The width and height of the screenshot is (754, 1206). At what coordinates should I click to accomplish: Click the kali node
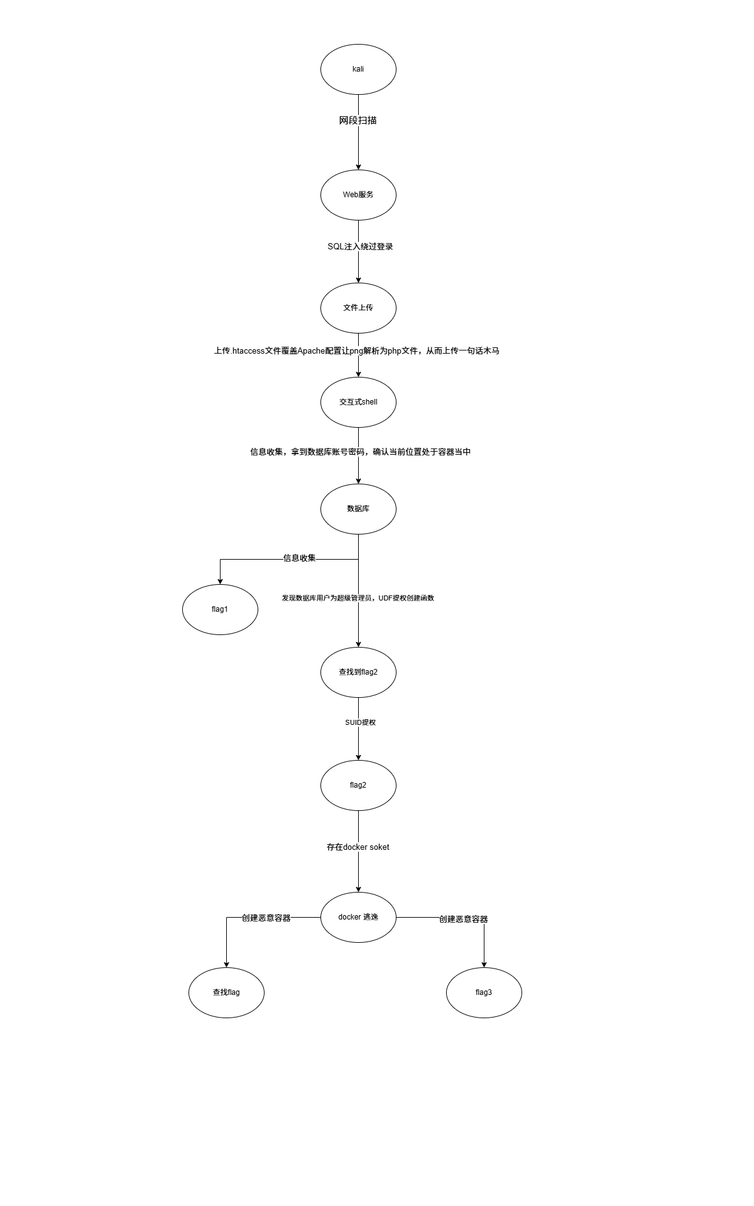pyautogui.click(x=358, y=69)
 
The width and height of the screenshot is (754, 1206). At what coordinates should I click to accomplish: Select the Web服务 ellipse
pyautogui.click(x=358, y=195)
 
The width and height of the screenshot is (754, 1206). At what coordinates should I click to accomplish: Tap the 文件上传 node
pyautogui.click(x=358, y=308)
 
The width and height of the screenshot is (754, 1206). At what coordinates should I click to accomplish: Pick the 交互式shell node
pyautogui.click(x=358, y=402)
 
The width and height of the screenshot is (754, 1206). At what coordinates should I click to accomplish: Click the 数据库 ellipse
pyautogui.click(x=358, y=509)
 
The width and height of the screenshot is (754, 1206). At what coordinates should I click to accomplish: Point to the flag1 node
pyautogui.click(x=220, y=609)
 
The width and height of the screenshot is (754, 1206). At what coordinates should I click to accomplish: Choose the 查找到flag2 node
pyautogui.click(x=358, y=672)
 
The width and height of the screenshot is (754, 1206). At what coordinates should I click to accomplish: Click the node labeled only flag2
pyautogui.click(x=358, y=785)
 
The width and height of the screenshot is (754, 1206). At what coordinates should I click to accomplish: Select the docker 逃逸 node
pyautogui.click(x=358, y=917)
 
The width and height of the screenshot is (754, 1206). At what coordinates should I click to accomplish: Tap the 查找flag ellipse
pyautogui.click(x=226, y=992)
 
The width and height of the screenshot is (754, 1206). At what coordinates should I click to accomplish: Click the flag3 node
pyautogui.click(x=484, y=992)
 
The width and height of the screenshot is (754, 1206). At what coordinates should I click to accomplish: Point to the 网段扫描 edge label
pyautogui.click(x=358, y=121)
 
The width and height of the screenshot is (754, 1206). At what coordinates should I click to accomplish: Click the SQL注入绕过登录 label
pyautogui.click(x=360, y=247)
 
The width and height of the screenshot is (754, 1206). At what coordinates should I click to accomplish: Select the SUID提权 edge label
pyautogui.click(x=360, y=722)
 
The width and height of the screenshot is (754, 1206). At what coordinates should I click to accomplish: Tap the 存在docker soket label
pyautogui.click(x=358, y=847)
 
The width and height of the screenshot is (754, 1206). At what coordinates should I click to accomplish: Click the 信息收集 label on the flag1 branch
pyautogui.click(x=299, y=558)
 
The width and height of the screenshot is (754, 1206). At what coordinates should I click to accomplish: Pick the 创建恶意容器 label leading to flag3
pyautogui.click(x=463, y=919)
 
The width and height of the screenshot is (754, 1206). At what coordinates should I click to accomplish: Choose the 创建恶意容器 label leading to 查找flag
pyautogui.click(x=266, y=918)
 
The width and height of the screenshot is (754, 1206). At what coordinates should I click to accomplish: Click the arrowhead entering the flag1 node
pyautogui.click(x=220, y=580)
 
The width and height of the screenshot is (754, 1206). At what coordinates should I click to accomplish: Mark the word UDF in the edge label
pyautogui.click(x=385, y=598)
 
